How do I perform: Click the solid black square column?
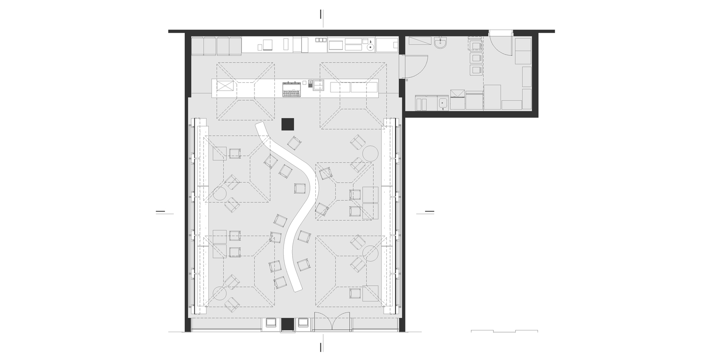click(x=288, y=124)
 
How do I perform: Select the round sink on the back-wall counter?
click(x=370, y=46)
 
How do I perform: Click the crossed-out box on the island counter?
click(x=224, y=86)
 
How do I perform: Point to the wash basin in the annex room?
click(x=441, y=44)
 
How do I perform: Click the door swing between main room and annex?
click(x=415, y=66)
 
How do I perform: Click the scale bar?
click(x=504, y=331)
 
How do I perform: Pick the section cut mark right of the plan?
click(x=429, y=211)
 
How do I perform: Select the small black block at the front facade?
click(x=288, y=324)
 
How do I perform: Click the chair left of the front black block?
click(x=272, y=323)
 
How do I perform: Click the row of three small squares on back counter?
click(x=320, y=40)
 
